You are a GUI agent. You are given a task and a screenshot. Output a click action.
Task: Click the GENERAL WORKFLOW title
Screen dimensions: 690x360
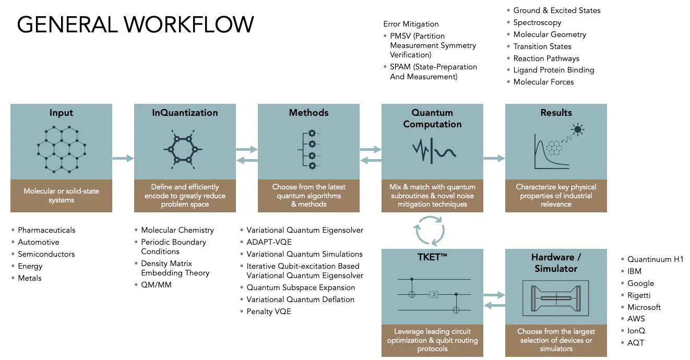(x=136, y=25)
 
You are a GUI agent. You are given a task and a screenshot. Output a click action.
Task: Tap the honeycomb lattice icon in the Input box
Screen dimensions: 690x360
(x=61, y=149)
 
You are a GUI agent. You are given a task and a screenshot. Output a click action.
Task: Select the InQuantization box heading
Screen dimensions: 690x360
(x=185, y=113)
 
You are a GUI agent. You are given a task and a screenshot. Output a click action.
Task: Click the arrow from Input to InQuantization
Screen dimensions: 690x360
(x=123, y=158)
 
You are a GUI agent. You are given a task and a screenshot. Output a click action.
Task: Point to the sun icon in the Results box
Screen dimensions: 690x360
(x=578, y=129)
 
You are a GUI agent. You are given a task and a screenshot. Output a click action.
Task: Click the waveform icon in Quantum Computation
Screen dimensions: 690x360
(x=434, y=151)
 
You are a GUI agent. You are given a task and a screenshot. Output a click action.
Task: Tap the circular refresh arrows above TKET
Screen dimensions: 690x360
(x=430, y=231)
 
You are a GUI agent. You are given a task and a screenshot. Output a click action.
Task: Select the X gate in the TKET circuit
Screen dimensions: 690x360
(x=434, y=295)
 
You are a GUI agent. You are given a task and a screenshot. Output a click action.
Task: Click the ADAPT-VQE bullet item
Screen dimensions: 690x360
(x=269, y=242)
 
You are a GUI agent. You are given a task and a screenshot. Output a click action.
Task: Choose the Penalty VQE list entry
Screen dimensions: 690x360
(x=269, y=311)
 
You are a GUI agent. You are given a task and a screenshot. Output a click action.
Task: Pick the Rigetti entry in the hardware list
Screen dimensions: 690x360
(x=639, y=295)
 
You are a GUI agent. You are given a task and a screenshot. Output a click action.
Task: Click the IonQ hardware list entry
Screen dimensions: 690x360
(x=636, y=331)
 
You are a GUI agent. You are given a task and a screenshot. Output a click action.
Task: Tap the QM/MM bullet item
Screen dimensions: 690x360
(x=156, y=285)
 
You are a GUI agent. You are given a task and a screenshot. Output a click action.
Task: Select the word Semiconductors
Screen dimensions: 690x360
(x=46, y=254)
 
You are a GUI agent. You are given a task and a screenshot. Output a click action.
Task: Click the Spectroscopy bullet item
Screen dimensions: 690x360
(x=537, y=23)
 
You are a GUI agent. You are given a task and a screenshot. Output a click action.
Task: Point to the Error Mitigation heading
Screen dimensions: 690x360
(x=411, y=24)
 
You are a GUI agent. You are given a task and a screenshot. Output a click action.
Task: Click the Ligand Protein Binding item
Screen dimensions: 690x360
(x=554, y=70)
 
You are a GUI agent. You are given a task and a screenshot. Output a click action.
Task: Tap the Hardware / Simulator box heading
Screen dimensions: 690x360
(x=556, y=262)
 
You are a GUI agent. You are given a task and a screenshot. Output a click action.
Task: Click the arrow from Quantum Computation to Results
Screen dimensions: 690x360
(x=494, y=158)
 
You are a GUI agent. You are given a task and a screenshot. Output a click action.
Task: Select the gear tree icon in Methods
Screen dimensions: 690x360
(x=309, y=150)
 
